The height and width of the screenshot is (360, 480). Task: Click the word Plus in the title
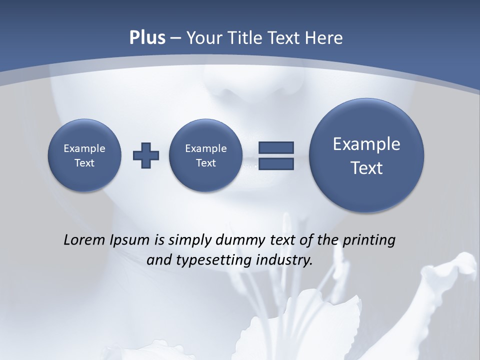tap(147, 38)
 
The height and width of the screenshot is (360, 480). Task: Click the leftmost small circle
tap(84, 155)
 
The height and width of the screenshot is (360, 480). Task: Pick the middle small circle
tap(205, 155)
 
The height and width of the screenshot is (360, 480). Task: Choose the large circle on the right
tap(366, 155)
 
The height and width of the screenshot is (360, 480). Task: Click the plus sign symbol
tap(146, 155)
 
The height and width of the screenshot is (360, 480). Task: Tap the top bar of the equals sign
tap(276, 147)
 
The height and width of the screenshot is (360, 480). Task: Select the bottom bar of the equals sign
tap(276, 164)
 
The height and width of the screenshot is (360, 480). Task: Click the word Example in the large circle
tap(366, 144)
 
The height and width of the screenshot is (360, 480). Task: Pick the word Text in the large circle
tap(366, 168)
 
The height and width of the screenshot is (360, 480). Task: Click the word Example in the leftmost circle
tap(84, 148)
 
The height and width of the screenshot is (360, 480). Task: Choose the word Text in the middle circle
tap(205, 163)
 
